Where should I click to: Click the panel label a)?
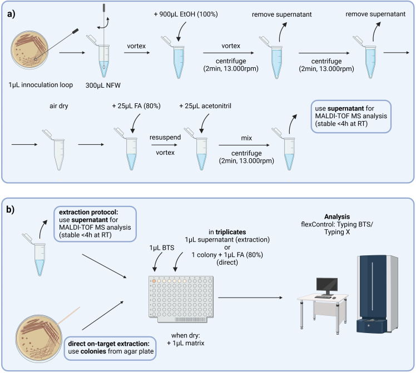click(11, 14)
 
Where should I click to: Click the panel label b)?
click(11, 209)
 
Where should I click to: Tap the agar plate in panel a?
click(29, 50)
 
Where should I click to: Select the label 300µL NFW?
click(103, 85)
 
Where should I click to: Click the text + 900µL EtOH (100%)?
click(186, 14)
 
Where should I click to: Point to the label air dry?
click(58, 106)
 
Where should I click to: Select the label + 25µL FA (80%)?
click(136, 106)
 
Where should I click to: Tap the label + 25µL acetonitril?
click(205, 106)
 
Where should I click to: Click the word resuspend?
click(165, 138)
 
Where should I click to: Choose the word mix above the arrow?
click(246, 138)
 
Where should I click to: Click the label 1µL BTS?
click(162, 248)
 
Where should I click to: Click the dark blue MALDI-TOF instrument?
click(377, 294)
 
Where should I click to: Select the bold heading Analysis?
click(337, 216)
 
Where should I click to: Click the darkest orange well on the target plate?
click(154, 281)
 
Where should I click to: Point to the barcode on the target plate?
click(190, 319)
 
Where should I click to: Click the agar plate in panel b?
click(39, 338)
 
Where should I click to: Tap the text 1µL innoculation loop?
click(41, 85)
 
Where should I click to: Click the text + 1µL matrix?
click(185, 343)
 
